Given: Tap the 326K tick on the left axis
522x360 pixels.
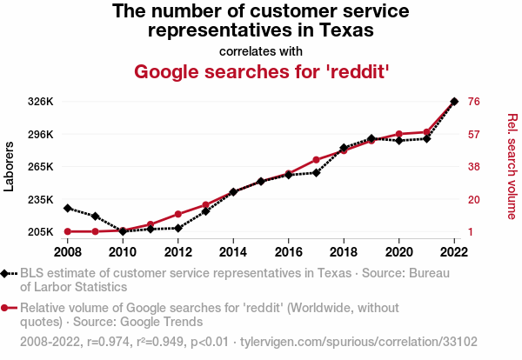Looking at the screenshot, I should coord(41,102).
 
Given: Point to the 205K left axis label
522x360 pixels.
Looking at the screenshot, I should coord(41,231).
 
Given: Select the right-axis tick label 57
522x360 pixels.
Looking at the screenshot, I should coord(474,135).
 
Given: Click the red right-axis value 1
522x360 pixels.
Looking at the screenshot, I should coord(471,231).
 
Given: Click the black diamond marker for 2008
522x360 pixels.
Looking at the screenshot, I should coord(67,208).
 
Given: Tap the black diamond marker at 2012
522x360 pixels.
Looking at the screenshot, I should coord(178,228).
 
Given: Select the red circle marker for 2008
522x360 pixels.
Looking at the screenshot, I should coord(67,231).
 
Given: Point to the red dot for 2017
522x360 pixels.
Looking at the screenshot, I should coord(316,160).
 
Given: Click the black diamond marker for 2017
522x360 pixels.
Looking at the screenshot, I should coord(316,172).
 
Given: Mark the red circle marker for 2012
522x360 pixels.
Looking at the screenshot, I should coord(178,214).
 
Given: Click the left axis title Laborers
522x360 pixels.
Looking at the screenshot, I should coord(10,166).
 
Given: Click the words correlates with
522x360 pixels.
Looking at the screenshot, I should coord(260,50).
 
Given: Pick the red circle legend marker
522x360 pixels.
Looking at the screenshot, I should coord(6,308).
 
